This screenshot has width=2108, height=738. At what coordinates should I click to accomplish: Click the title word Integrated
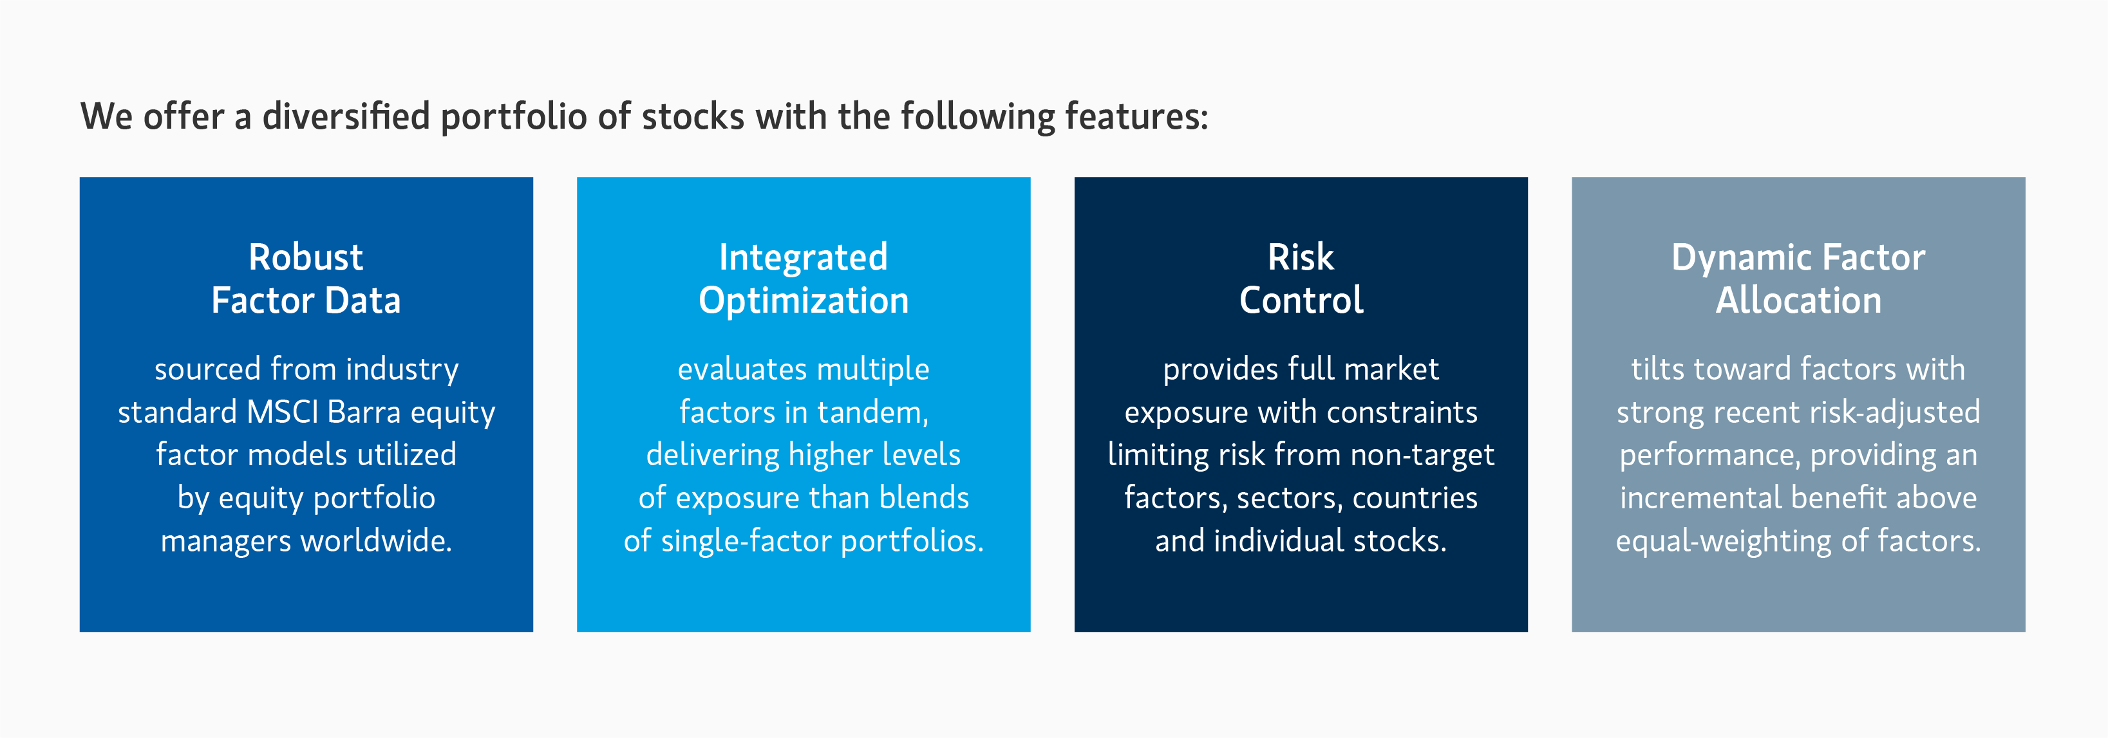[x=803, y=259]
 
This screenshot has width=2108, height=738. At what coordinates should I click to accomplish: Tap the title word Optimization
[x=803, y=301]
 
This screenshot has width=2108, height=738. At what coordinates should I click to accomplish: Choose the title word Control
[x=1301, y=300]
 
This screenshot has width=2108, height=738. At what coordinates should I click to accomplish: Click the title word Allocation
[x=1798, y=300]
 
